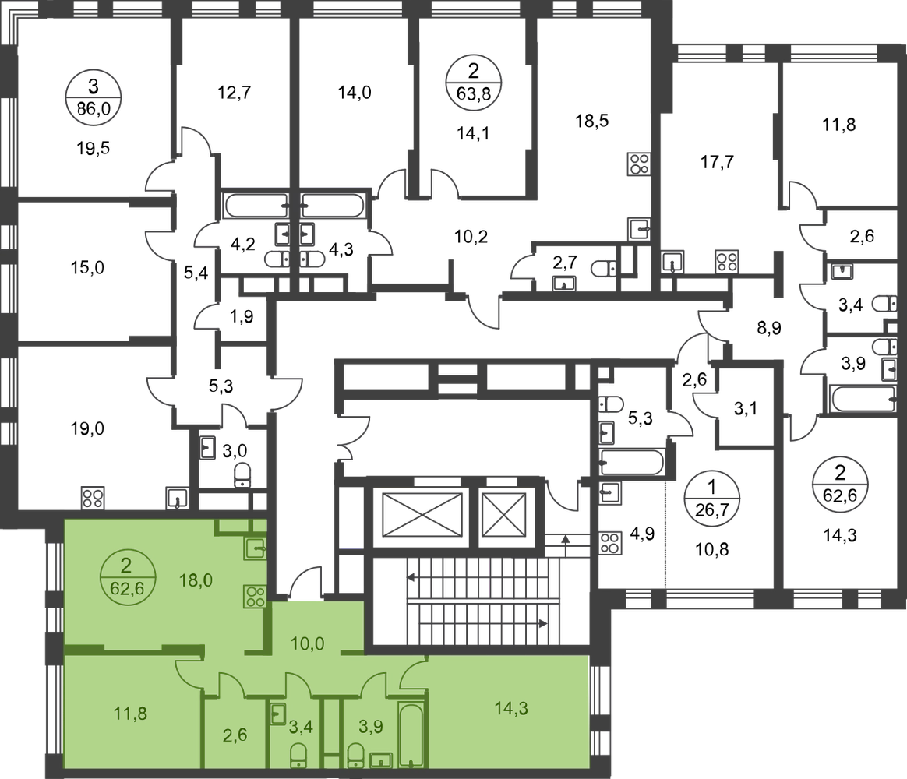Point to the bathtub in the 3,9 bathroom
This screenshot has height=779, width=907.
[x=411, y=732]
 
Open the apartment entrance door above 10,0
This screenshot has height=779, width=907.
[x=304, y=580]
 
